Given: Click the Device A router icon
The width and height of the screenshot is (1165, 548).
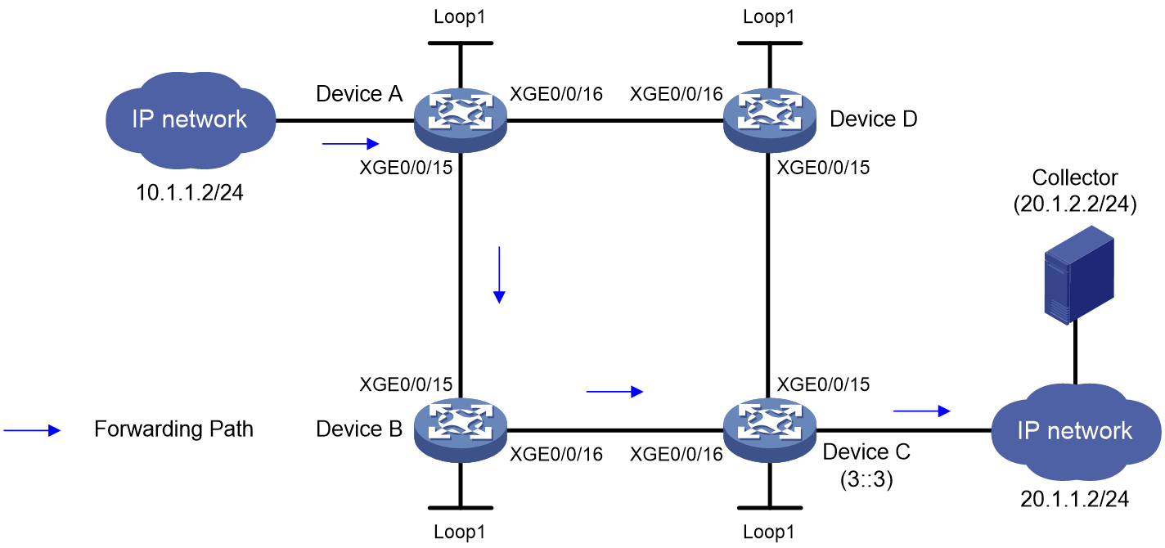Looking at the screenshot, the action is pos(461,120).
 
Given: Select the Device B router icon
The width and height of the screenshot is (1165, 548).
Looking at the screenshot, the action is pos(461,430).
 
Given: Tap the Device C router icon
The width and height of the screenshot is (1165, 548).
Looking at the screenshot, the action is pos(770,430).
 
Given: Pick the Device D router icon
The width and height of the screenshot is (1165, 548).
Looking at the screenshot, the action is pos(770,120).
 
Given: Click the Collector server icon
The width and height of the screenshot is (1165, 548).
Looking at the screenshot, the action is pos(1079,275).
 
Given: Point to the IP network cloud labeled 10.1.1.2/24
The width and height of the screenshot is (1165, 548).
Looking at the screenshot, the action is pos(191,120).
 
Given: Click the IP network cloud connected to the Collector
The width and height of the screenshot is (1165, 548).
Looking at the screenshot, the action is pos(1076,431).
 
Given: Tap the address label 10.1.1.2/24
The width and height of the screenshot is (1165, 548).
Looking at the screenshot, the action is pos(189,193).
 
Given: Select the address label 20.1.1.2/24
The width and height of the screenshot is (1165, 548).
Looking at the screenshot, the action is pos(1074,499).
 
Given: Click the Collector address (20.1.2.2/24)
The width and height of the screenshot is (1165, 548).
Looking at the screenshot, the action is pos(1074,204).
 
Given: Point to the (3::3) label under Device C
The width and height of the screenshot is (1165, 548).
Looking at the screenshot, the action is pos(866,479).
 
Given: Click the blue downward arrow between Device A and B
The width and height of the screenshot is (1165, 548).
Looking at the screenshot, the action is pos(499,275).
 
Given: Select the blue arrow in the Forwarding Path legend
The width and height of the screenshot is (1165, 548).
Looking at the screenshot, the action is pos(32,430).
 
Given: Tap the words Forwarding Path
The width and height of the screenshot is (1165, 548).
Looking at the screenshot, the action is pos(173,429).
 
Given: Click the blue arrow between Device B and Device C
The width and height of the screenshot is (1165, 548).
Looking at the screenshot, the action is pos(614,391).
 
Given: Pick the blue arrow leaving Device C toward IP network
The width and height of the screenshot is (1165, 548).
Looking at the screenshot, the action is pos(921,411).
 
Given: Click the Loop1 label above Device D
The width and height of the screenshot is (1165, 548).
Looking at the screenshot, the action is pos(769,16).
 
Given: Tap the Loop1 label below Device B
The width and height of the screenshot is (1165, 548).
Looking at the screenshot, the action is pos(460,532).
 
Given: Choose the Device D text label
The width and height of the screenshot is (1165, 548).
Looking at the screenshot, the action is pos(874,119).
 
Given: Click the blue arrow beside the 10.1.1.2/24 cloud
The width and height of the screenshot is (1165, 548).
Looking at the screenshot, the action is pos(351,143).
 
